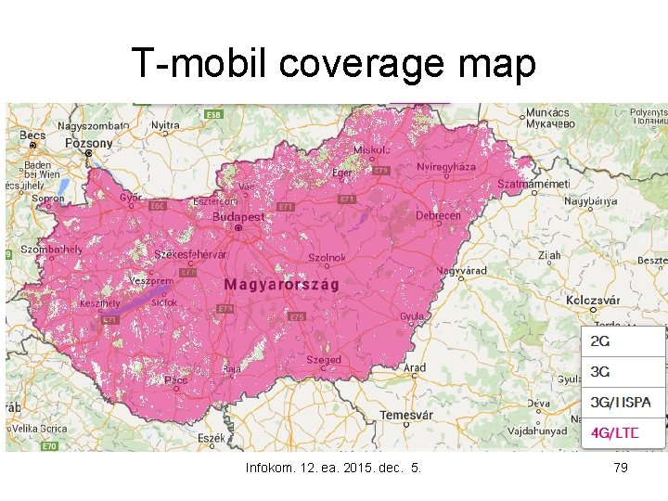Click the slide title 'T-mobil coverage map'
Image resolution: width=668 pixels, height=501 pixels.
click(333, 64)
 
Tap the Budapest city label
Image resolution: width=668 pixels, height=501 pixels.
click(238, 217)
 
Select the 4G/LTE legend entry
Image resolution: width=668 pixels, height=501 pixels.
click(615, 431)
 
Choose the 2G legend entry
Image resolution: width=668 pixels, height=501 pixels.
click(601, 341)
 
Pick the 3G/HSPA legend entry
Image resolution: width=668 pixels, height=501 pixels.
click(621, 402)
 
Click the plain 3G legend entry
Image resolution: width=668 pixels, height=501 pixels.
click(601, 372)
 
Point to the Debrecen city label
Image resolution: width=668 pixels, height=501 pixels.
click(438, 215)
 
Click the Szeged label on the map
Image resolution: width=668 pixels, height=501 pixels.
click(324, 360)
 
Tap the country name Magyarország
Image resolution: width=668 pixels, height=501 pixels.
click(281, 284)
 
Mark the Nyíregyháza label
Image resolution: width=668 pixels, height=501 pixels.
click(446, 167)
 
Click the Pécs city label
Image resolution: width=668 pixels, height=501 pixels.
click(176, 379)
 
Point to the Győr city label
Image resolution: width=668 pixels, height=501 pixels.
click(132, 197)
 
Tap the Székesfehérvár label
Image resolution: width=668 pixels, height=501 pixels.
click(191, 254)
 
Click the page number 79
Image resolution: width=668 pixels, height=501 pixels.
click(621, 468)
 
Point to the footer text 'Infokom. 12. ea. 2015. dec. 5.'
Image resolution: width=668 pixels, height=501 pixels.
click(333, 468)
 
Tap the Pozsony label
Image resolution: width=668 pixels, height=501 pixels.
click(88, 144)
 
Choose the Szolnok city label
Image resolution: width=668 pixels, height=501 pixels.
click(328, 257)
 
